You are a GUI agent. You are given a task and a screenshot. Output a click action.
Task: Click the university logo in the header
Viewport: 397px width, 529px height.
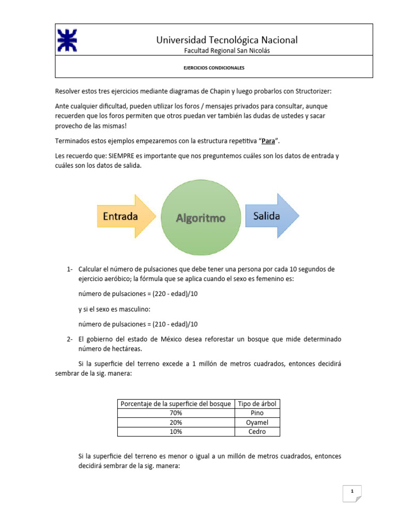67,40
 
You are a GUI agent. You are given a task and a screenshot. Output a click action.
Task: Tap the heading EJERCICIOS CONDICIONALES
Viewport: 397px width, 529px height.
215,68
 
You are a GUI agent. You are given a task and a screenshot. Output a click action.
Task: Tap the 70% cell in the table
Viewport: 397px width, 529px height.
176,413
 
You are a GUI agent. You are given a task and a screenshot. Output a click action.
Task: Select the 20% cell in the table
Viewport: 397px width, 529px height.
176,422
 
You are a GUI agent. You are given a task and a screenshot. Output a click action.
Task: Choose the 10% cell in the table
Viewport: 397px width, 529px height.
176,431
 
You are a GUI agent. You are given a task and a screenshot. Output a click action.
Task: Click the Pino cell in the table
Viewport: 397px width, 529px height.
257,413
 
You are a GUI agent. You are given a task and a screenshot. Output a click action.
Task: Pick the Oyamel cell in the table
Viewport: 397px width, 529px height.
257,422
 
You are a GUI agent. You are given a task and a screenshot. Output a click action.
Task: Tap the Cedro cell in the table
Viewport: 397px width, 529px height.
257,431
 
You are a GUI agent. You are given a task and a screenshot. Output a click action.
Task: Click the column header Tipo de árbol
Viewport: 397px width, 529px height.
257,403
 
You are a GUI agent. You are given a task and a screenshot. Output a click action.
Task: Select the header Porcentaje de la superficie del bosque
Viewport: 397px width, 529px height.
176,403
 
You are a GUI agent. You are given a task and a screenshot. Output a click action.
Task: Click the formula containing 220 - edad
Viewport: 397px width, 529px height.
138,294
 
